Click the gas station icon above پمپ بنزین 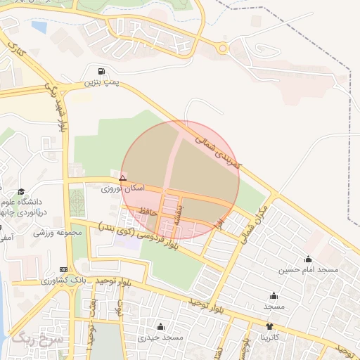tap(103, 72)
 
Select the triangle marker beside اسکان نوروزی tap(123, 179)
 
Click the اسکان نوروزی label tap(123, 189)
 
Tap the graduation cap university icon tap(21, 192)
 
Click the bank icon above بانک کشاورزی tap(65, 270)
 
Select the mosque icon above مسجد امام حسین tap(308, 259)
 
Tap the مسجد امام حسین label tap(308, 270)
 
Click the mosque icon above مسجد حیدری tap(160, 327)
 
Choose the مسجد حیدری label tap(160, 337)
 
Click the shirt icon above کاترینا tap(269, 327)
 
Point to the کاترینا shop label tap(269, 337)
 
